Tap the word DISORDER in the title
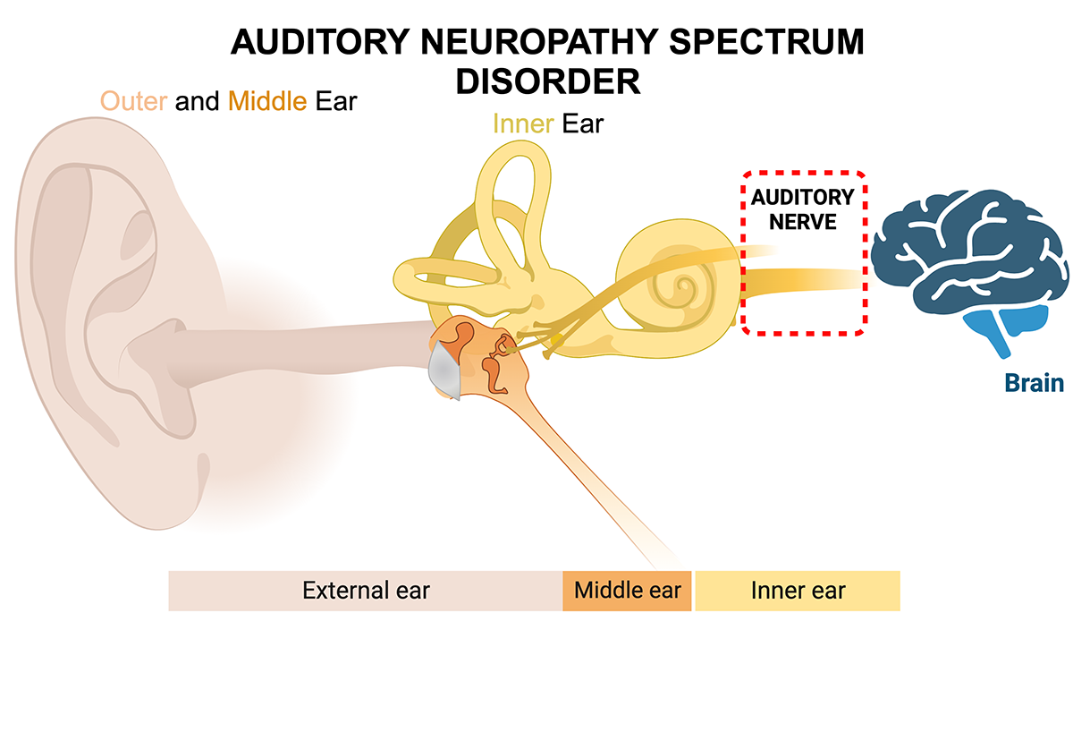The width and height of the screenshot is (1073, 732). click(x=547, y=81)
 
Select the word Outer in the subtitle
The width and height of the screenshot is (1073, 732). click(x=133, y=101)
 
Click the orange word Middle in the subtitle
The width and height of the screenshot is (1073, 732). click(x=268, y=101)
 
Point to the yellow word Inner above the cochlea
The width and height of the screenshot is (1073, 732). click(x=523, y=123)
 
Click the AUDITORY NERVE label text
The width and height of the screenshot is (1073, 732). click(x=801, y=209)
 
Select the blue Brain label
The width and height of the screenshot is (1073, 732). click(x=1034, y=383)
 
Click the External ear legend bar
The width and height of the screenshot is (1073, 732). click(x=365, y=591)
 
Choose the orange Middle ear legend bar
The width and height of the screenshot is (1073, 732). click(x=627, y=591)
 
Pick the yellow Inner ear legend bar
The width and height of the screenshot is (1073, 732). click(x=798, y=591)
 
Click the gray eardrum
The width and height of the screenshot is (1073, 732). click(x=444, y=371)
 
